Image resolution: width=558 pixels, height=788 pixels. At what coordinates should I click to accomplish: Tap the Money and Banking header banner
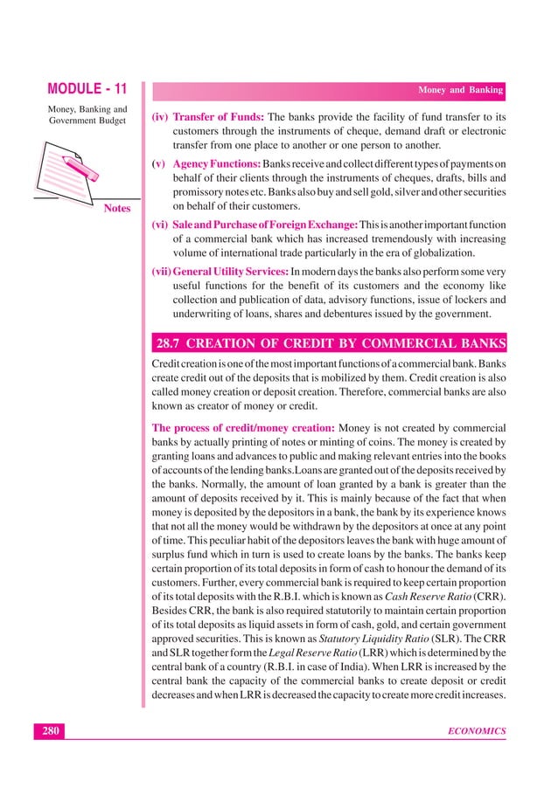pos(460,90)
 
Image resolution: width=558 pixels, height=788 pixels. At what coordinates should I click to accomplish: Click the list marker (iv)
pos(160,116)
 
